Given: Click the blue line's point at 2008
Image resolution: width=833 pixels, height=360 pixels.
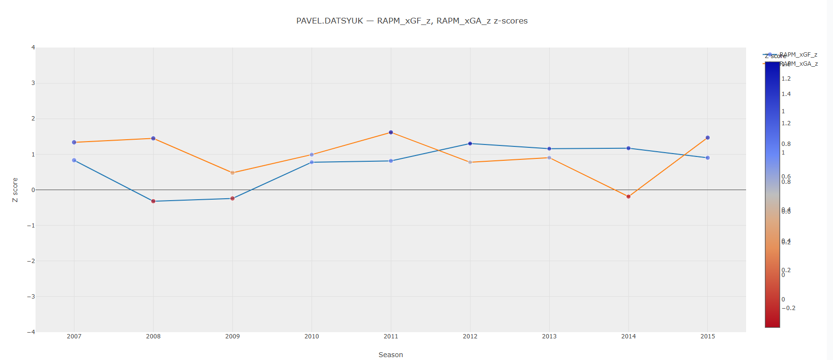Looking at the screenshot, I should click(x=153, y=201).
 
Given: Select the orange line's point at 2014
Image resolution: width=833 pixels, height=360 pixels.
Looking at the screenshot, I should click(x=628, y=196).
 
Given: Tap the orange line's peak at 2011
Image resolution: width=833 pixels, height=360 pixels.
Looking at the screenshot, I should click(x=391, y=132).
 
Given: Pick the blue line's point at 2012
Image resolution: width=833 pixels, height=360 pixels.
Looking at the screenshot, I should click(x=470, y=144).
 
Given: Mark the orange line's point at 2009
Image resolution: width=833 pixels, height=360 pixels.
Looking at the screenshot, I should click(x=232, y=173).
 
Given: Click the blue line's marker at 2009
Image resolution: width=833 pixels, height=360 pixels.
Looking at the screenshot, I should click(x=232, y=198).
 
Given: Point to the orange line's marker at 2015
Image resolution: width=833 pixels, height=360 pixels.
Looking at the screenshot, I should click(x=708, y=138).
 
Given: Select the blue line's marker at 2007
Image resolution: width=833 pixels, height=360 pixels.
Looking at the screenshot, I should click(x=74, y=160).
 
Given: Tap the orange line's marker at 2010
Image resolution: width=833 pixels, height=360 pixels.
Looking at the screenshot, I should click(x=312, y=155).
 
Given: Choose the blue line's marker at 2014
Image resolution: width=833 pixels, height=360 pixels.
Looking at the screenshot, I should click(x=628, y=148).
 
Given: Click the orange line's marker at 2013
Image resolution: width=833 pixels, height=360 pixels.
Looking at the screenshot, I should click(x=549, y=158).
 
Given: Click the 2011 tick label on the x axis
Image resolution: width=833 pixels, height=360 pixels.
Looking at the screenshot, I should click(x=391, y=336).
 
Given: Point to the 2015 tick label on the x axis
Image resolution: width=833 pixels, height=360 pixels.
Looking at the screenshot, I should click(x=708, y=336).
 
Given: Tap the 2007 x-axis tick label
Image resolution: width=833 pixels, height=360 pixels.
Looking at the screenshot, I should click(x=74, y=336).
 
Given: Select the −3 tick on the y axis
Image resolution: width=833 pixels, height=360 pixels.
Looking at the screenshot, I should click(x=32, y=297).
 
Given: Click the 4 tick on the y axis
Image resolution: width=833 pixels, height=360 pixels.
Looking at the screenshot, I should click(x=33, y=48).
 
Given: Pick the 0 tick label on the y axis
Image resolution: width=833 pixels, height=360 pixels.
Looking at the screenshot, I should click(x=33, y=190).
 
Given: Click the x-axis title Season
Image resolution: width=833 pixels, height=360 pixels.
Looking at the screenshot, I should click(x=390, y=355).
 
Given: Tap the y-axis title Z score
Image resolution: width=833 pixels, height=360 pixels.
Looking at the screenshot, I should click(x=15, y=190).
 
